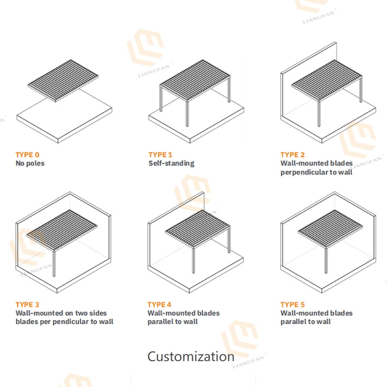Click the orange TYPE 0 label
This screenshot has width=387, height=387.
click(x=27, y=155)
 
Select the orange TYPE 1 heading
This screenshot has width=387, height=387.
click(x=160, y=155)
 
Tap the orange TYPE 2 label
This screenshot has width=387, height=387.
click(x=293, y=155)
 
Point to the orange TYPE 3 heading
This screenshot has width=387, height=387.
click(x=27, y=304)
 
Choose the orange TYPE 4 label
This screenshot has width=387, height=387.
click(x=159, y=304)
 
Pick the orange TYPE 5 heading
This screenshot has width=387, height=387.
click(x=293, y=304)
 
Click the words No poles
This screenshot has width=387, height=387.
click(x=30, y=163)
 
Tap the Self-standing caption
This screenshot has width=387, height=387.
click(x=171, y=163)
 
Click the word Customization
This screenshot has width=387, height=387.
click(x=191, y=356)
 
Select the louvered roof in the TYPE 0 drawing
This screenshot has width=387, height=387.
click(x=63, y=80)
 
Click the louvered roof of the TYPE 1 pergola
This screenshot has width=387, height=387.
click(x=195, y=81)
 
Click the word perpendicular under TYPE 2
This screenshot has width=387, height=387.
click(x=304, y=172)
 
